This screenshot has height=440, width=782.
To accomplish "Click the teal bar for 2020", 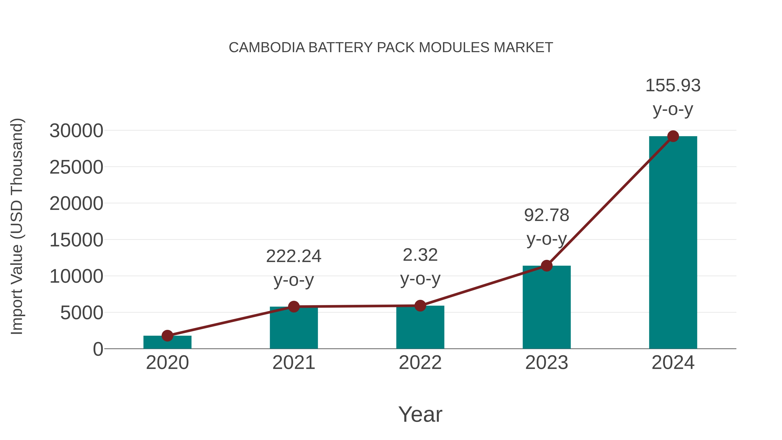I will tap(167, 342).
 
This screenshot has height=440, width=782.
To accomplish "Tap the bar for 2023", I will tap(547, 307).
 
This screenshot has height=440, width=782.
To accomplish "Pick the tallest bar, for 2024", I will tap(673, 243).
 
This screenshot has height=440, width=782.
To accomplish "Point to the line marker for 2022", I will tap(420, 306).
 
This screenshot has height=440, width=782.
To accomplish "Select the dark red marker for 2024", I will tap(673, 136).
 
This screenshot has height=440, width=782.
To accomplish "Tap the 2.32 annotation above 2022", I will tap(420, 255).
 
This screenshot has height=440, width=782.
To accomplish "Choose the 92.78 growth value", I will tap(547, 215).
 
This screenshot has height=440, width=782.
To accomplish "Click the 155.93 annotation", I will tap(673, 86).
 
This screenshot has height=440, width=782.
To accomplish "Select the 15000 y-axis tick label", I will tap(76, 240).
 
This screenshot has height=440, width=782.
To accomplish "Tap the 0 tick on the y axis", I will tap(98, 349).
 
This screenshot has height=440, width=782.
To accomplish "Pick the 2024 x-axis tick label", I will tap(673, 363).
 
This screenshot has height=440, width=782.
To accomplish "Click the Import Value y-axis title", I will tap(17, 227).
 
